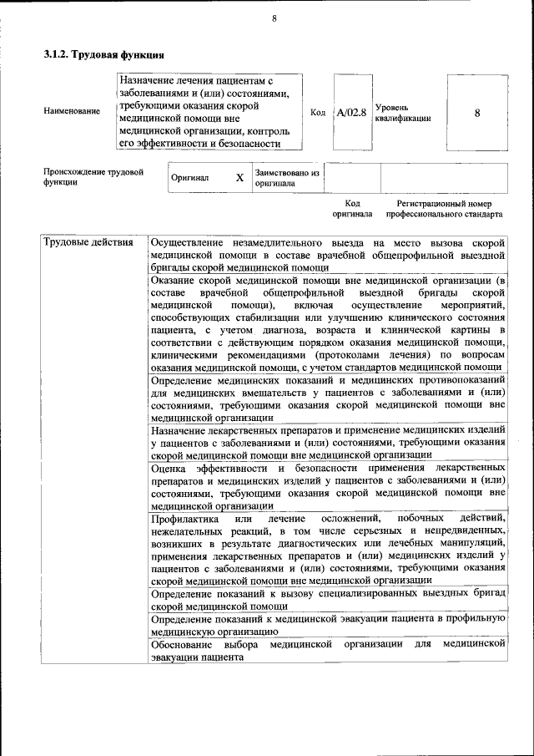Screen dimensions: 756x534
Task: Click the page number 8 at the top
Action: coord(274,19)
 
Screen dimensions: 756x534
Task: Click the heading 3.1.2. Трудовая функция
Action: coord(103,55)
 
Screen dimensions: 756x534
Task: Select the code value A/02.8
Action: coord(351,112)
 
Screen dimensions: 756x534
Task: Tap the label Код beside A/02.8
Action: coord(317,112)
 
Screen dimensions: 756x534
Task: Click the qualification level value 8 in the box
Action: coord(476,112)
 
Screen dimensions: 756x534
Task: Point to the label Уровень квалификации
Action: coord(403,113)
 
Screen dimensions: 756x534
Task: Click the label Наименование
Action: coord(72,110)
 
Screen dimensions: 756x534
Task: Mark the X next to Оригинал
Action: coord(239,178)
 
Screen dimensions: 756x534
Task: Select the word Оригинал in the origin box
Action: coord(190,178)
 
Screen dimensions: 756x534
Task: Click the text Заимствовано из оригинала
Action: coord(287,178)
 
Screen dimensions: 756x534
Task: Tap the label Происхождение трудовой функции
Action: coord(93,178)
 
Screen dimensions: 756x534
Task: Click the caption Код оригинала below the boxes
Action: coord(352,209)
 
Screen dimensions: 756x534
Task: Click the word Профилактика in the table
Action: coord(185,520)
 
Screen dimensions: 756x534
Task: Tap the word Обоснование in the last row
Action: coord(183,645)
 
